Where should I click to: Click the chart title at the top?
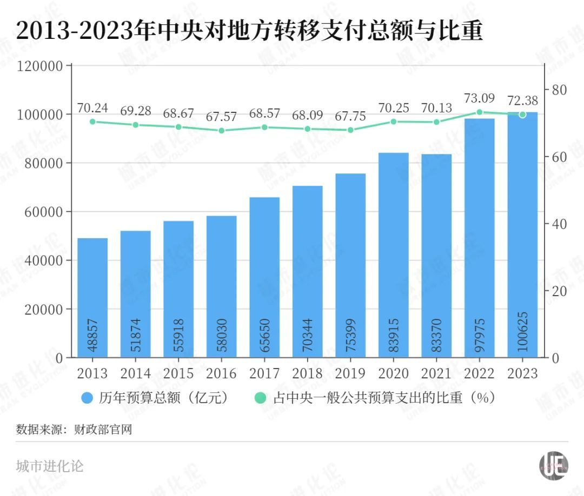coord(249,31)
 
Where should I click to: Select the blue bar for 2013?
coord(92,297)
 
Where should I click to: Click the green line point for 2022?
coord(480,112)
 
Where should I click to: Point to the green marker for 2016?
coord(222,131)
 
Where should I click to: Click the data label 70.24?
coord(92,108)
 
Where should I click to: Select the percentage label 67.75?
coord(350,116)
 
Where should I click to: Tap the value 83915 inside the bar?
coord(394,336)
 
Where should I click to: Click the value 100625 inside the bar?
coord(523,332)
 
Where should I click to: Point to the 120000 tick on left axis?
coord(41,66)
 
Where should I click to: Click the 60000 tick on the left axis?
coord(44,212)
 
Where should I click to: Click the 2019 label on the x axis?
coord(350,373)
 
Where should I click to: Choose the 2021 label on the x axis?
coord(436,373)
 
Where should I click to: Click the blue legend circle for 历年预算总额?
coord(88,398)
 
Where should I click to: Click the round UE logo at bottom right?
coord(554,465)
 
